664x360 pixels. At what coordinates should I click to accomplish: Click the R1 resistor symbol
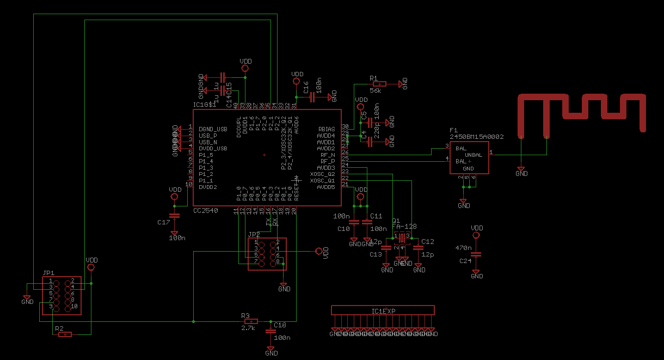click(x=379, y=84)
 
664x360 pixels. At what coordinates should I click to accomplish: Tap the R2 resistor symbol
click(x=65, y=334)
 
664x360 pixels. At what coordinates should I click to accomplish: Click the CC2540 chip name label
click(x=206, y=210)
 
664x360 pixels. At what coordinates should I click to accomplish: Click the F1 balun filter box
click(x=469, y=158)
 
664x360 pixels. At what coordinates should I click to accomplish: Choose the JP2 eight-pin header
click(x=267, y=254)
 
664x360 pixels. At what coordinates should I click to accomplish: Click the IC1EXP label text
click(x=383, y=311)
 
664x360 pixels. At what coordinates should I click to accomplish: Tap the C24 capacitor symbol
click(x=476, y=254)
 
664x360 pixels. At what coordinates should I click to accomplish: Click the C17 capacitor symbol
click(x=174, y=216)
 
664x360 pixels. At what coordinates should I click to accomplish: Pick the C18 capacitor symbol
click(x=270, y=331)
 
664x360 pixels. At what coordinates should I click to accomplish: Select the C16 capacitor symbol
click(x=312, y=97)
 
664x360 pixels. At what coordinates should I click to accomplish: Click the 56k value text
click(x=375, y=91)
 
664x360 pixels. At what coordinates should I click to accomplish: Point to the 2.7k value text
click(x=248, y=328)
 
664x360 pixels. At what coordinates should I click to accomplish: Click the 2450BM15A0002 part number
click(x=476, y=137)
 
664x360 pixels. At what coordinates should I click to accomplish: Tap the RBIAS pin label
click(x=327, y=129)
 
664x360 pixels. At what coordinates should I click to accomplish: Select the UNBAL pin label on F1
click(x=474, y=155)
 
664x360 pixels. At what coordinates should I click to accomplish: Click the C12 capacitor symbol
click(x=419, y=247)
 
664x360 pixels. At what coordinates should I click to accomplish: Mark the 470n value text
click(x=463, y=248)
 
